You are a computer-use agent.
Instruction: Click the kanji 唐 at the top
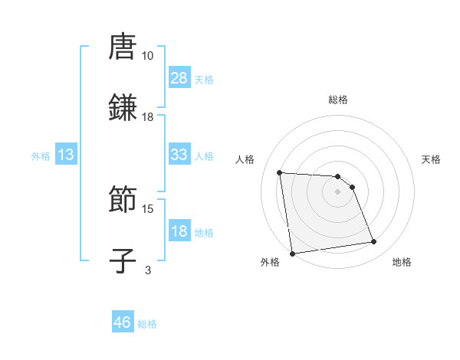(x=123, y=47)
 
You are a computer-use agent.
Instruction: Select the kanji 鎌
(x=123, y=107)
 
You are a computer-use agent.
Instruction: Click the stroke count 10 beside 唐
(x=147, y=56)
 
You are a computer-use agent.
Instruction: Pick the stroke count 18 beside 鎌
(x=147, y=116)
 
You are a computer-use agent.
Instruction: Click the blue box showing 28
(x=179, y=77)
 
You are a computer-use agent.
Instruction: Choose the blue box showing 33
(x=179, y=154)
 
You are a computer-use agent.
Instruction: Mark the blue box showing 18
(x=179, y=231)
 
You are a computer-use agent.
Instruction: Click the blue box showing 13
(x=66, y=155)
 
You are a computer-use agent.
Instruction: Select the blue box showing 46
(x=123, y=322)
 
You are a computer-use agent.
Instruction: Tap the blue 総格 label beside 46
(x=147, y=324)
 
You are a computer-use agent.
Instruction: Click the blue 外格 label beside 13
(x=41, y=156)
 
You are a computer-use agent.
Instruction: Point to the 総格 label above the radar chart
(x=337, y=100)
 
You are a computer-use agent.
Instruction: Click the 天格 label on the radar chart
(x=431, y=159)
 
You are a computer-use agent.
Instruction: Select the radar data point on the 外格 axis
(x=292, y=253)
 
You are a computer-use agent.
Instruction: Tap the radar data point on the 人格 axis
(x=280, y=172)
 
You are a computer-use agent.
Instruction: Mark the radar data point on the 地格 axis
(x=374, y=242)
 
